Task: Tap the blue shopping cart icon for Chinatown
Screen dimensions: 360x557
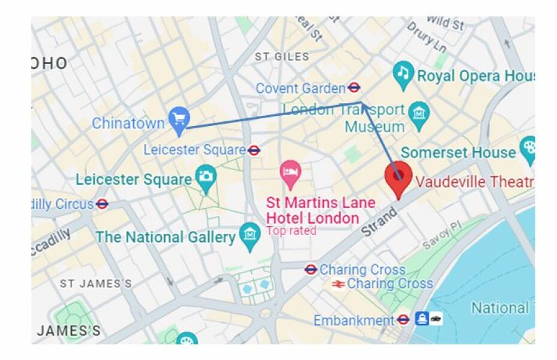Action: tap(179, 119)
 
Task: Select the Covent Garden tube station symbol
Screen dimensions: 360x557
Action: tap(354, 88)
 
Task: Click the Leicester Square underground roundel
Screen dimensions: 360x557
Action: tap(254, 149)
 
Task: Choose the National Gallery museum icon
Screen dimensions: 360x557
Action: tap(249, 235)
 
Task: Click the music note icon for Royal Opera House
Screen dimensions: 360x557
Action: tap(404, 74)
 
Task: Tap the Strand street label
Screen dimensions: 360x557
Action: tap(380, 220)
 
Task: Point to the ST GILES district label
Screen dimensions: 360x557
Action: tap(282, 57)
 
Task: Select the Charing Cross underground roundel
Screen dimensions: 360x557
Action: tap(311, 269)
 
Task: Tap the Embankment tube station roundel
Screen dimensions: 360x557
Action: tap(403, 320)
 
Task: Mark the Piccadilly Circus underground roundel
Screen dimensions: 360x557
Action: tap(102, 204)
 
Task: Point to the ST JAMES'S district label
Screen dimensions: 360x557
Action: tap(95, 283)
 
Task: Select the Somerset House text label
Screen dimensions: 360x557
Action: tap(458, 152)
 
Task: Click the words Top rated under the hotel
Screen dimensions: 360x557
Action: tap(291, 230)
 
